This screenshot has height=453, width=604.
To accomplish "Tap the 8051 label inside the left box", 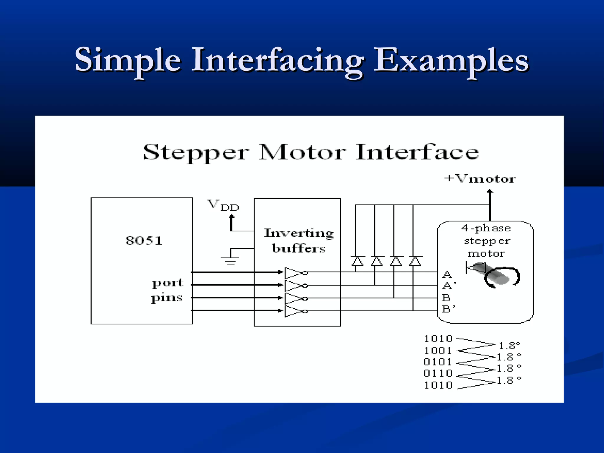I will tap(144, 241).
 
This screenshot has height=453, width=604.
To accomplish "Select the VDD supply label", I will tap(223, 205).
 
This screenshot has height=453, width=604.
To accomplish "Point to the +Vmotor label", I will tap(480, 179).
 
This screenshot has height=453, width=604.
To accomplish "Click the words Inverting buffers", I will tap(299, 241).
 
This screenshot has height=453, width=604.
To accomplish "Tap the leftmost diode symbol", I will tap(357, 261).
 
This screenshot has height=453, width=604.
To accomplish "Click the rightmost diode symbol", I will tap(415, 261).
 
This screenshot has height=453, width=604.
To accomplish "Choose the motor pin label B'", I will tap(448, 309).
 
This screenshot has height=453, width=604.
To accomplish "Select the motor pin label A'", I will tap(449, 286).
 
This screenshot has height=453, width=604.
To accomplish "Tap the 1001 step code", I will tap(438, 351).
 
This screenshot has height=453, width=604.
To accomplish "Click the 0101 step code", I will tap(438, 362).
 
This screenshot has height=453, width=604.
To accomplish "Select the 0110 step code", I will tap(438, 373).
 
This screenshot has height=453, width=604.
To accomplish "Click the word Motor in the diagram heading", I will tap(302, 152).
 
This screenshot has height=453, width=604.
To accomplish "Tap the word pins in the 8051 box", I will tap(167, 298).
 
